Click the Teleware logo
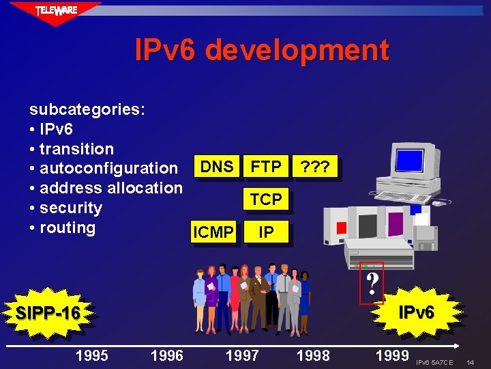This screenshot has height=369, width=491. coord(57,11)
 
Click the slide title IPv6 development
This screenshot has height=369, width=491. coord(262,51)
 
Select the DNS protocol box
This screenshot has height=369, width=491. coord(218,167)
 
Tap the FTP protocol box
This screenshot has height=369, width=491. coord(266,167)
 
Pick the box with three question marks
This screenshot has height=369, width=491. coord(315,167)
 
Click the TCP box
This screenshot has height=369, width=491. coord(266,199)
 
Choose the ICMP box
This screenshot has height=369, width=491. coord(213,232)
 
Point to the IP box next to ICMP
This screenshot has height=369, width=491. coord(267,232)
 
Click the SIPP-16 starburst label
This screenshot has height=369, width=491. coord(48,314)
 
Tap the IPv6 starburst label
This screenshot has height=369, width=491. coord(416,313)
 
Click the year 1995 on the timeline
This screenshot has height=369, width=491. coord(91,355)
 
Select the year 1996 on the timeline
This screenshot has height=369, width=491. coord(166,355)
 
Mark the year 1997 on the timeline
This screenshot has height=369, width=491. coord(242,355)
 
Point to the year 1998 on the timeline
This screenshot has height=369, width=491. coord(313,355)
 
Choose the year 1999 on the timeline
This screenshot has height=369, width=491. coord(392,355)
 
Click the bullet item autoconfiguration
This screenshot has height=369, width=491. coord(108,168)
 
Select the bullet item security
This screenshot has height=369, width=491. coord(71,208)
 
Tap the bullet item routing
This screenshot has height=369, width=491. coord(68,228)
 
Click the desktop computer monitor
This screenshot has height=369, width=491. coord(413,161)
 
